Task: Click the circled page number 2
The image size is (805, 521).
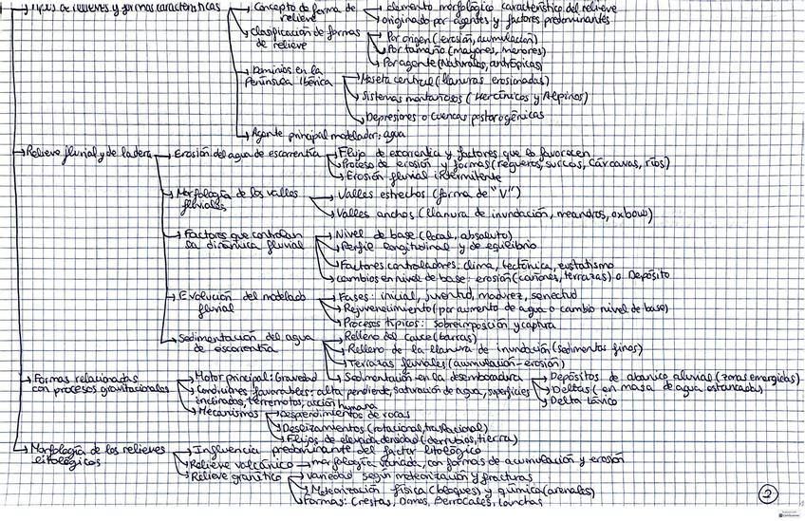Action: click(769, 493)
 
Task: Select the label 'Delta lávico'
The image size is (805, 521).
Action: click(578, 402)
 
